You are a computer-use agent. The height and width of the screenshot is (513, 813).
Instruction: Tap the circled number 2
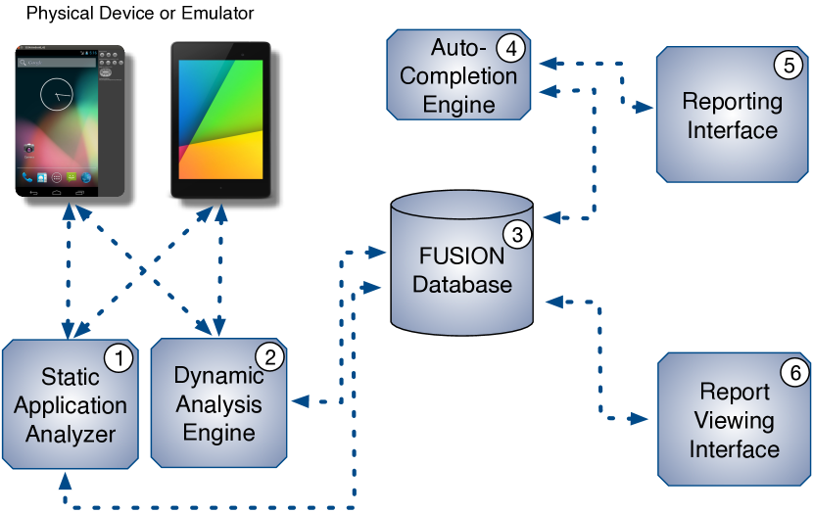tap(269, 356)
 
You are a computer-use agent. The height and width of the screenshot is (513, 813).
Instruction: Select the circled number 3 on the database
tap(516, 234)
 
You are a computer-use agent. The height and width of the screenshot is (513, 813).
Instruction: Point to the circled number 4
tap(509, 47)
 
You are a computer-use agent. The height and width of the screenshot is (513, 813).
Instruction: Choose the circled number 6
tap(794, 372)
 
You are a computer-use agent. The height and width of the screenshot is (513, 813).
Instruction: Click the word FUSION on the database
tap(461, 256)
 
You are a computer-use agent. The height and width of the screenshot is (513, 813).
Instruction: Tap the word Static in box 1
tap(71, 377)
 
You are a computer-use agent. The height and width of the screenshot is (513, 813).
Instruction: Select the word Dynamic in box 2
tap(218, 375)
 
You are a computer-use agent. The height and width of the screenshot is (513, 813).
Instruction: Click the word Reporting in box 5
tap(732, 101)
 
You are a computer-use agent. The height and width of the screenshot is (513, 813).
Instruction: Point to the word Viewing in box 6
tap(734, 421)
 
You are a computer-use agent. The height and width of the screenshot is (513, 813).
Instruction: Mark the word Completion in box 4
tap(458, 75)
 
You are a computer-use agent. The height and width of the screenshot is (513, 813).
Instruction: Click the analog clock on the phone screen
tap(58, 95)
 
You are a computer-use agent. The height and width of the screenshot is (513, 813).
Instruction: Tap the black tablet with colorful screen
tap(220, 117)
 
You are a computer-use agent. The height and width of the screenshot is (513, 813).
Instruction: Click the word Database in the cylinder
tap(462, 285)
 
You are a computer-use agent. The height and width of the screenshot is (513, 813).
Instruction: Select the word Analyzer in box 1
tap(71, 434)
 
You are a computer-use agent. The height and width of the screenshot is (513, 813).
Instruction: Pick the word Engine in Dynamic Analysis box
tap(218, 432)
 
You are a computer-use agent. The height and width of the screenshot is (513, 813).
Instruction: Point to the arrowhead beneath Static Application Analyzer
tap(66, 479)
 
